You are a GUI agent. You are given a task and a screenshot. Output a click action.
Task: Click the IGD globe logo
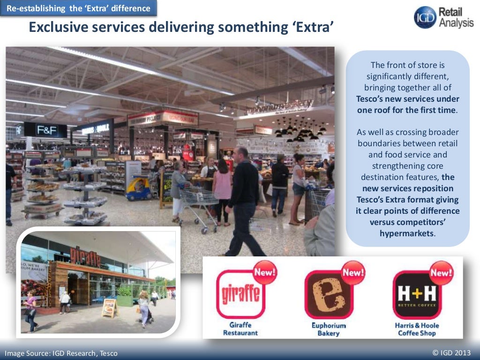point(425,17)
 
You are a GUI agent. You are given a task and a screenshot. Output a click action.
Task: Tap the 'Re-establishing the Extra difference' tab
point(78,8)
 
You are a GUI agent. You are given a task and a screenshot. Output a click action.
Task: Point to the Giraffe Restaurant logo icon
point(240,294)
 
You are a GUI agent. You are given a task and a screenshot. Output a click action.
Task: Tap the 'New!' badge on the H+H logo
point(441,272)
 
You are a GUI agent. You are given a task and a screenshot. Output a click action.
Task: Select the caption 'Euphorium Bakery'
point(329,329)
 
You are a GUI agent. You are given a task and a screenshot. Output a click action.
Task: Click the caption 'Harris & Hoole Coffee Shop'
point(417,329)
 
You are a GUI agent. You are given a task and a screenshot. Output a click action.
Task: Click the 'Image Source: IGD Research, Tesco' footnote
point(61,353)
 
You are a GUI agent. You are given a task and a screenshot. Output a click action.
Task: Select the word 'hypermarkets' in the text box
point(406,233)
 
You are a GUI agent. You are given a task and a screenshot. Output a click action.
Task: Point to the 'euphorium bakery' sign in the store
point(286,107)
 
